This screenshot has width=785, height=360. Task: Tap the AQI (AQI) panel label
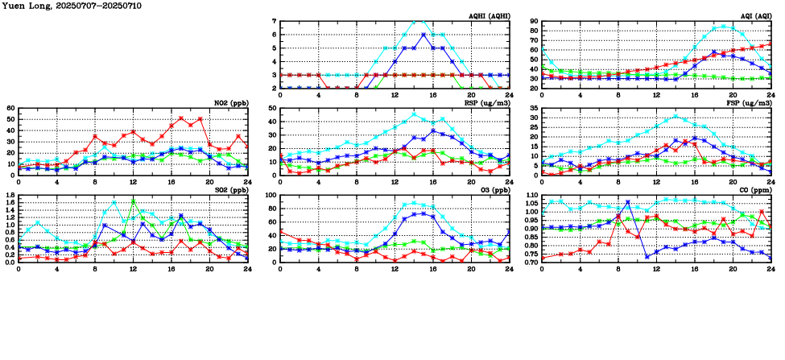pyautogui.click(x=754, y=15)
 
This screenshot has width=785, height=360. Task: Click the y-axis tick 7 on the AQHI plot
pyautogui.click(x=275, y=22)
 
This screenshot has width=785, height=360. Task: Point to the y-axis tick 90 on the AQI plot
pyautogui.click(x=534, y=22)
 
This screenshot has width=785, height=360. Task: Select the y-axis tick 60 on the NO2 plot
pyautogui.click(x=11, y=109)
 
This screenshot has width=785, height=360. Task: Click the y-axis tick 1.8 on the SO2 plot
pyautogui.click(x=10, y=196)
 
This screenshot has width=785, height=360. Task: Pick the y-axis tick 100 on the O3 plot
pyautogui.click(x=271, y=196)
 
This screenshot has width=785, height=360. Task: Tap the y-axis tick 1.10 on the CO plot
pyautogui.click(x=531, y=196)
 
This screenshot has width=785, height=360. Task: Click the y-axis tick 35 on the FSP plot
pyautogui.click(x=534, y=109)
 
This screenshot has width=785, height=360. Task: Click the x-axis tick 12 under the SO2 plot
pyautogui.click(x=133, y=269)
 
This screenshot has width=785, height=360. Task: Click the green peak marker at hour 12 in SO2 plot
pyautogui.click(x=133, y=201)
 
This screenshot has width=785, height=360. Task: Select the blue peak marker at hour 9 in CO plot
pyautogui.click(x=627, y=202)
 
